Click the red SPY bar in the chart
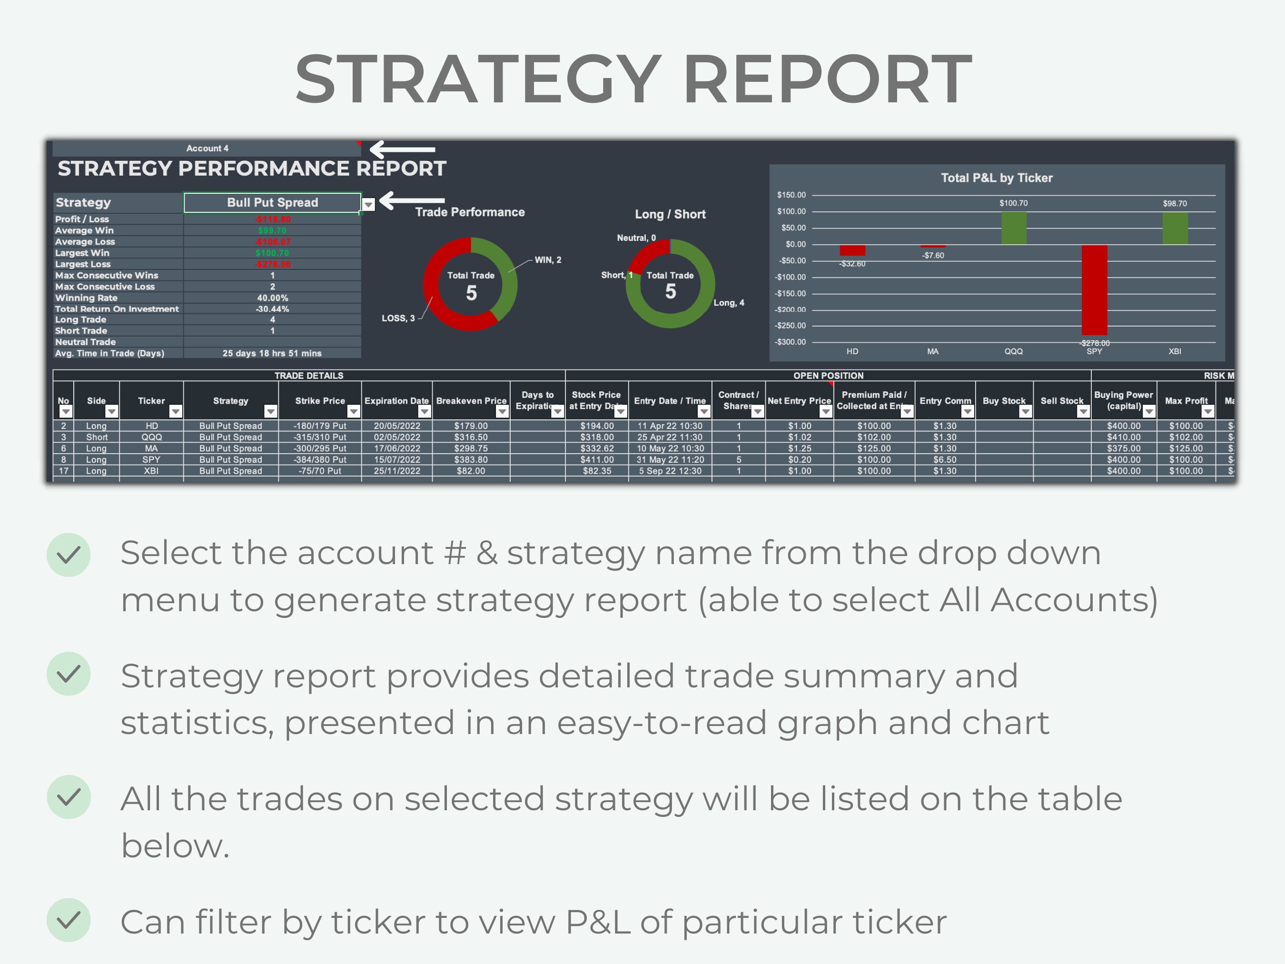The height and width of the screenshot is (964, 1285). point(1094,290)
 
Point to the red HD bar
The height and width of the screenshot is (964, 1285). point(852,250)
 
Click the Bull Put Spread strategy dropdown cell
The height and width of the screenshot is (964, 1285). point(272,203)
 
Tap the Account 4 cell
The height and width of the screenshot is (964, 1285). point(207,148)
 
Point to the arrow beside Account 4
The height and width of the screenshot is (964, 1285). point(402,149)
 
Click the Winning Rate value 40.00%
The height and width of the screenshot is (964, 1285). point(272,298)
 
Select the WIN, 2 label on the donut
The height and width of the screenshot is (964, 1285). point(548,260)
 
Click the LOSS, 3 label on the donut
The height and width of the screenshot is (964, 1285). point(398,318)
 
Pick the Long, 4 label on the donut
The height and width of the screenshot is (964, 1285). point(729,303)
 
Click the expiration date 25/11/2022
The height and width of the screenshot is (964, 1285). point(397,471)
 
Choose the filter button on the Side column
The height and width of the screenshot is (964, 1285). point(111,411)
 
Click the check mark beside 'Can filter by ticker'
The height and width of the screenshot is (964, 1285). point(69,920)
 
